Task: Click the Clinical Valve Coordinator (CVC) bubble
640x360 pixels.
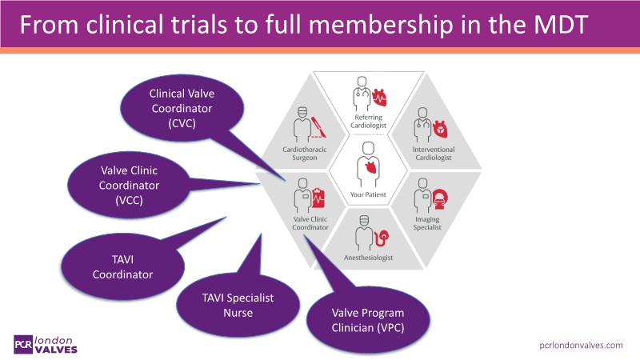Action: point(182,109)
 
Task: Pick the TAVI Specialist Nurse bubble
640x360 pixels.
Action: point(226,305)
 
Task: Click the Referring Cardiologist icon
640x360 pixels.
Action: point(370,96)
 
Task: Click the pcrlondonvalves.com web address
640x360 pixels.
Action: point(580,345)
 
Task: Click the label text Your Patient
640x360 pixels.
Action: point(370,194)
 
